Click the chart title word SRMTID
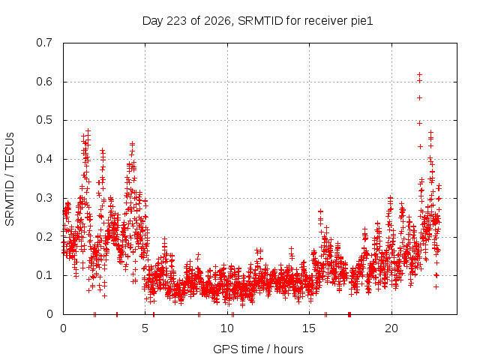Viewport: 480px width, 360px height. [x=260, y=21]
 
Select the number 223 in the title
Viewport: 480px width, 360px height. [x=176, y=21]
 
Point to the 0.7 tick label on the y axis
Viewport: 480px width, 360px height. [x=44, y=43]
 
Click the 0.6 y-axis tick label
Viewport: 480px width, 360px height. [x=44, y=82]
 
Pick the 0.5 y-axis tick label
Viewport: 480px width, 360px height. [x=44, y=120]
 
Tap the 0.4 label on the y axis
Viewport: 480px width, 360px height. [x=44, y=159]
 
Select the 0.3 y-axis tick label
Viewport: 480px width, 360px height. [x=44, y=198]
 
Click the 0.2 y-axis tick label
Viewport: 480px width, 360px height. [x=44, y=237]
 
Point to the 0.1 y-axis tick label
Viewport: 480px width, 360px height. [x=44, y=275]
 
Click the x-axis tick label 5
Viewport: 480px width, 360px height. [x=145, y=328]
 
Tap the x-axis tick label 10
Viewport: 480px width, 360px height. [x=226, y=328]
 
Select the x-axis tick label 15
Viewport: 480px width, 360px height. [x=309, y=328]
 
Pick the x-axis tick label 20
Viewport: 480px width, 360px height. [x=391, y=328]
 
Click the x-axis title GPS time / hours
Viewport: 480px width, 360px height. [x=258, y=349]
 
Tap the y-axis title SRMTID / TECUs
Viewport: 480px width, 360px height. [x=10, y=179]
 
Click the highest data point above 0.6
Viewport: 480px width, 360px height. [x=420, y=75]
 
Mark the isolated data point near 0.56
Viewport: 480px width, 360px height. [x=420, y=98]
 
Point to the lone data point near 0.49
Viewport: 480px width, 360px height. [x=420, y=123]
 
